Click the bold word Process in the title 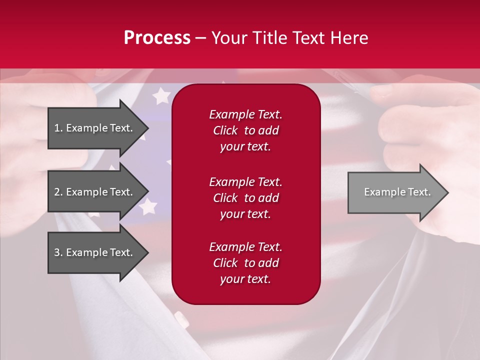click(157, 38)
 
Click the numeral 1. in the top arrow click(58, 128)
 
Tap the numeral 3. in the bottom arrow click(58, 252)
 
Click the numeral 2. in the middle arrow click(58, 192)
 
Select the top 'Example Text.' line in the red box click(245, 114)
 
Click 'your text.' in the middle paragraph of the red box click(245, 214)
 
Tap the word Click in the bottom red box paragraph click(225, 263)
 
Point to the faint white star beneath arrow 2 click(147, 206)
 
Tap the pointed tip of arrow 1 click(147, 128)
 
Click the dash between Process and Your click(200, 38)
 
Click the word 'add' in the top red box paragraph click(269, 130)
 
